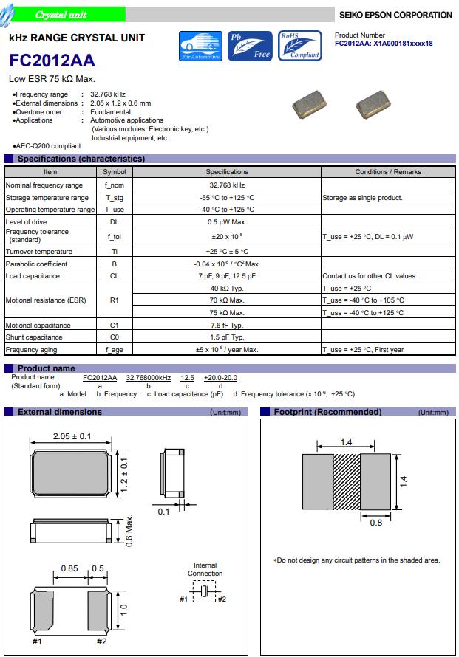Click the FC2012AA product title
coord(52,62)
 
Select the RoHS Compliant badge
coord(299,46)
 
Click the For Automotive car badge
coord(201,46)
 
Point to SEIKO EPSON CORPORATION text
coord(395,15)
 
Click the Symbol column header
coord(115,172)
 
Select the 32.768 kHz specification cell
coord(227,185)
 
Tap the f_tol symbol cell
coord(115,236)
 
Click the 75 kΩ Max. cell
coord(227,313)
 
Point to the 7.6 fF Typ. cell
coord(227,326)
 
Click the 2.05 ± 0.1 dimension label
coord(72,436)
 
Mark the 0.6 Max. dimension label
coord(129,530)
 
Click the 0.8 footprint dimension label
coord(375,523)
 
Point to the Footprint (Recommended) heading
coord(319,412)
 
